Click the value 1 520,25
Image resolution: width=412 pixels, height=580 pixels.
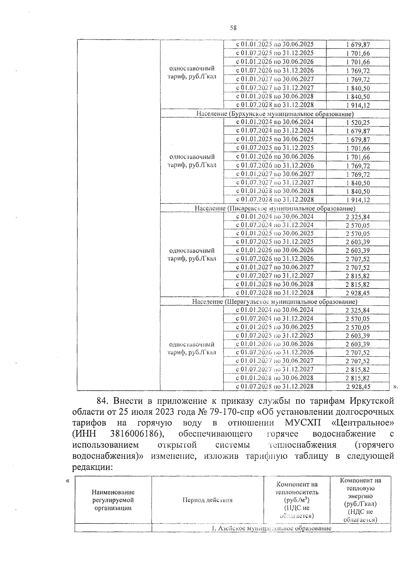[x=358, y=123]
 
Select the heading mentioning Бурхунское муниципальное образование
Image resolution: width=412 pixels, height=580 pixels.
[x=275, y=114]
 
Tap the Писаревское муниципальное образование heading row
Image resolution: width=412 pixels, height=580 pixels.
[x=275, y=208]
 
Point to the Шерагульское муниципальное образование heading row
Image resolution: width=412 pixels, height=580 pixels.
[x=275, y=302]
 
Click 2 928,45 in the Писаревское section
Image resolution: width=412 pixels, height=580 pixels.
[x=358, y=293]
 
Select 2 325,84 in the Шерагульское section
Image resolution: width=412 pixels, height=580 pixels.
[x=358, y=310]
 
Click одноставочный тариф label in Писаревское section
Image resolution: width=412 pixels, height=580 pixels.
[x=192, y=254]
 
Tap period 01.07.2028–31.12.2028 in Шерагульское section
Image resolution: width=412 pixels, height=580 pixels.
[x=275, y=386]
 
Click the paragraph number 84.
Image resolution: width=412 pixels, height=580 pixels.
[x=102, y=401]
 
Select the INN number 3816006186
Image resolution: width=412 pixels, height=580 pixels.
[x=136, y=434]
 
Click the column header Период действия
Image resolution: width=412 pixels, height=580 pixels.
[x=207, y=500]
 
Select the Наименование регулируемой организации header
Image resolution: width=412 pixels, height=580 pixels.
[x=113, y=500]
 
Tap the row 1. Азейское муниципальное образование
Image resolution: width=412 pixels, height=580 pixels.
[x=271, y=529]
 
